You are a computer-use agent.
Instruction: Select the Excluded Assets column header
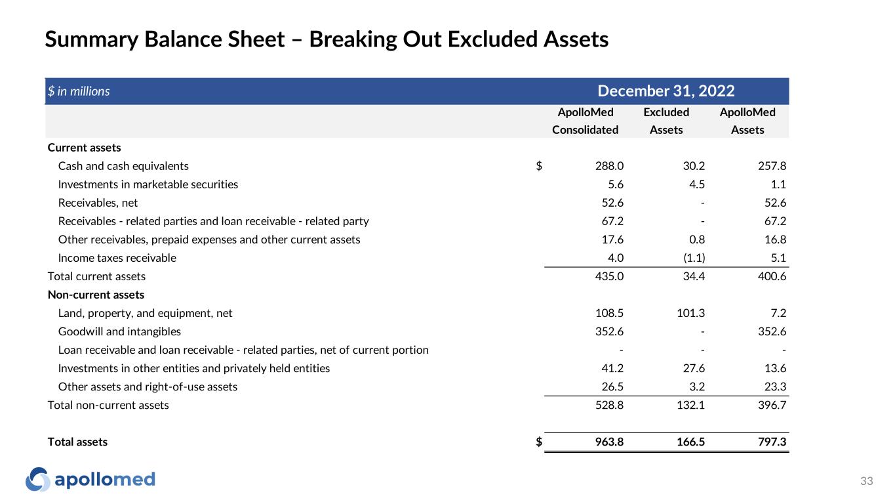coord(666,121)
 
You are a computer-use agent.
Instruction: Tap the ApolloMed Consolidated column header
coord(585,121)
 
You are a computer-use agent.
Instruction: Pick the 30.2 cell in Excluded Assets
coord(692,166)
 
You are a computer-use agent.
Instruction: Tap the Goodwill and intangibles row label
coord(119,331)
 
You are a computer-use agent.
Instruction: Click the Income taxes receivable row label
coord(117,258)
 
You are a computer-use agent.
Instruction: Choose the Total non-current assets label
coord(108,405)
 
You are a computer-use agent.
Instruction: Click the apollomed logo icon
coord(37,480)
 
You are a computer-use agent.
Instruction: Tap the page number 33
coord(867,482)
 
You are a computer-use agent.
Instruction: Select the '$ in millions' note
coord(78,92)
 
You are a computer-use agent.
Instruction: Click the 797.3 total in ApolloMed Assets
coord(772,442)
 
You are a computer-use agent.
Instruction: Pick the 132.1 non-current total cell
coord(690,405)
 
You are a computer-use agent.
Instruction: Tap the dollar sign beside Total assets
coord(539,442)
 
